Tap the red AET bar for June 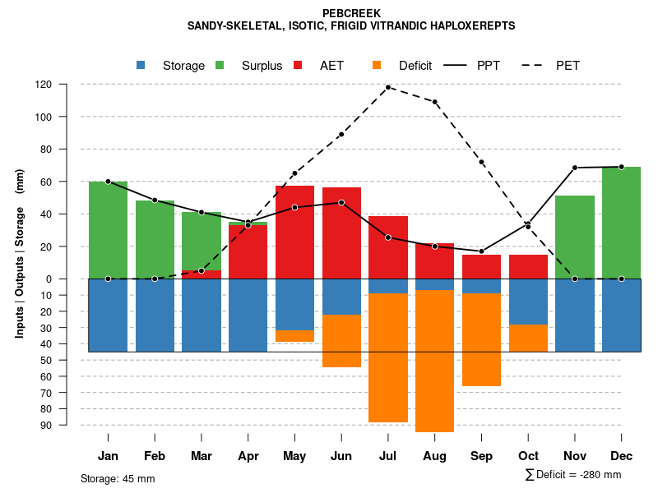pos(341,233)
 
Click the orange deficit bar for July pos(388,357)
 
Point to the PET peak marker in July pos(387,87)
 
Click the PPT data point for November pos(575,168)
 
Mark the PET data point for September pos(481,162)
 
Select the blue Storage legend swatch pos(141,65)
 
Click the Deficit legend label pos(415,66)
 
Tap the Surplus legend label pos(262,66)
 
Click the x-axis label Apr pos(248,456)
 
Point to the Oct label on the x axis pos(528,456)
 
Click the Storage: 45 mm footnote pos(118,478)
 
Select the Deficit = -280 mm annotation pos(573,475)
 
